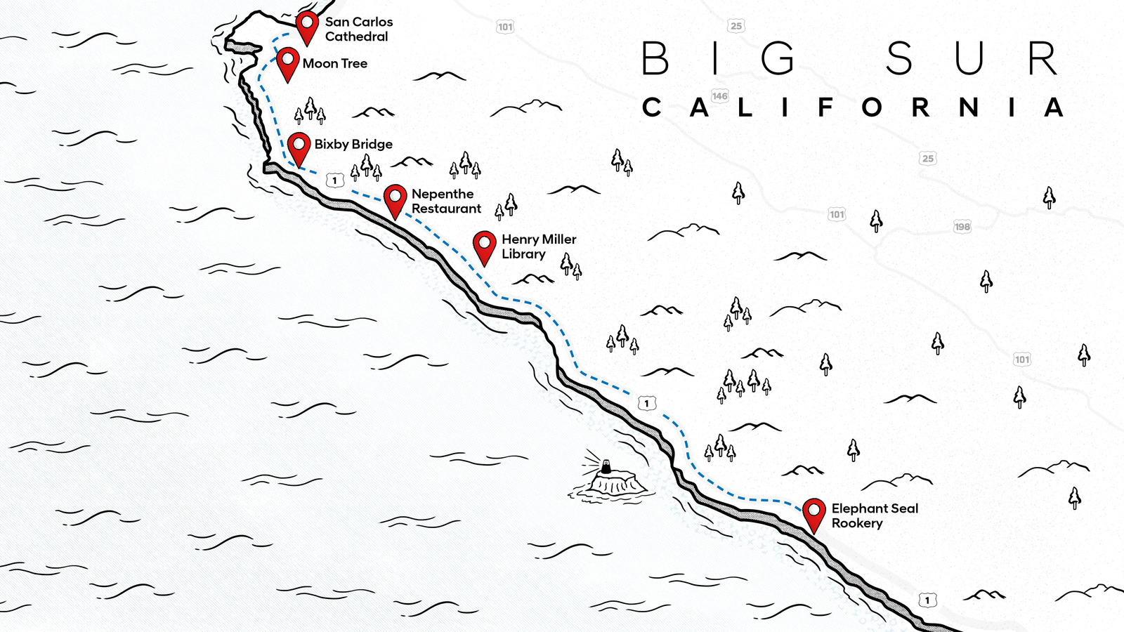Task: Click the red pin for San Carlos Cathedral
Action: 307,25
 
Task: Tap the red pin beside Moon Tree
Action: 287,61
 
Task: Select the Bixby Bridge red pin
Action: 299,146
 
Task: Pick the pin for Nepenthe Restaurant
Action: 396,198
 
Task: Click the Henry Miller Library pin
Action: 485,244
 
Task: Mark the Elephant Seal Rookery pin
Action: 813,512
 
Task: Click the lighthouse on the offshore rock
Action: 606,467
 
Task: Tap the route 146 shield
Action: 720,96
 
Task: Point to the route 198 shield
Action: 962,226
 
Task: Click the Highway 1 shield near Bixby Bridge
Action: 334,180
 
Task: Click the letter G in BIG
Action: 778,58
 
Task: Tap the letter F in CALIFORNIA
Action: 825,107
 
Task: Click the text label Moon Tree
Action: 335,63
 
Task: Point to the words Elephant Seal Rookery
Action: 874,515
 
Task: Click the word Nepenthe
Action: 443,194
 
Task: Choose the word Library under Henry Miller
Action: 523,254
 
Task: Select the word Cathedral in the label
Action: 356,37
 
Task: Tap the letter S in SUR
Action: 899,58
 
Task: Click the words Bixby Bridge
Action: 353,144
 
